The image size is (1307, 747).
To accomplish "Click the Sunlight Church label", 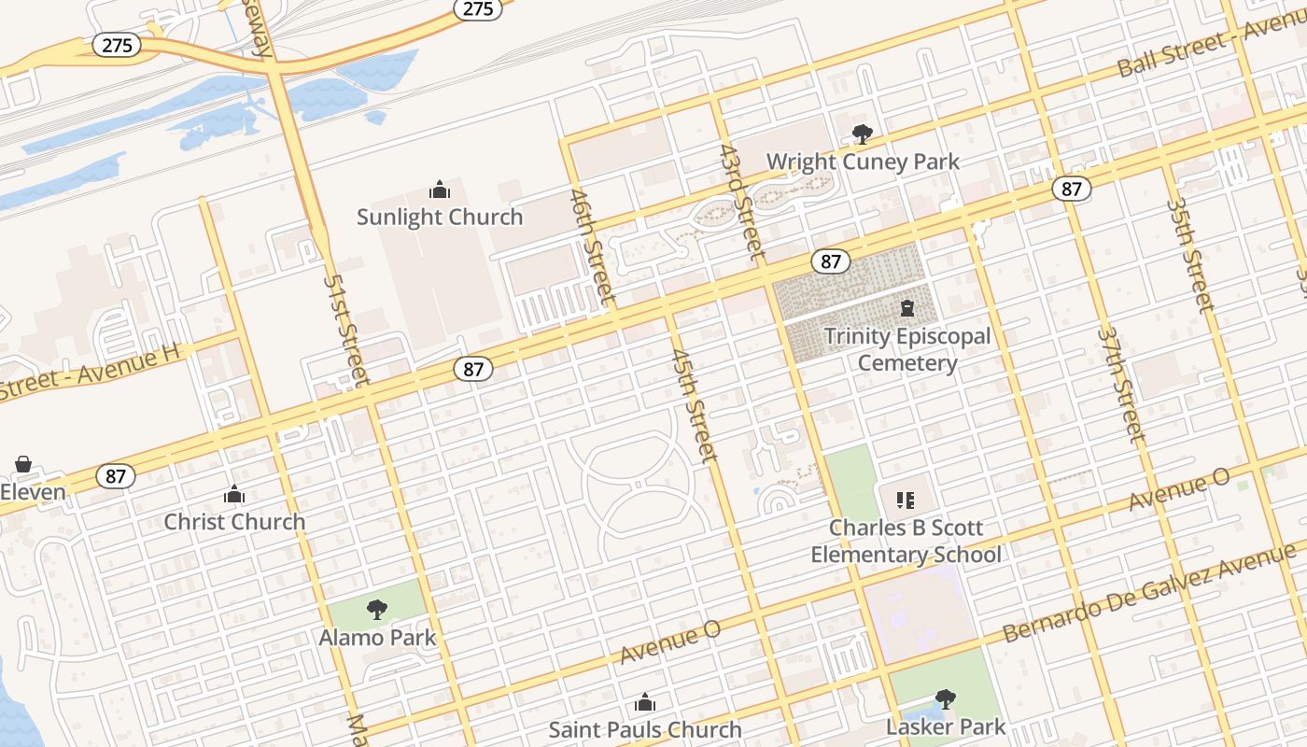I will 440,217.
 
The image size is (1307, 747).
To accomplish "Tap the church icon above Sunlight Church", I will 440,190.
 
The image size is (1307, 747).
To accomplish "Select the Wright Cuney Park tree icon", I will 862,134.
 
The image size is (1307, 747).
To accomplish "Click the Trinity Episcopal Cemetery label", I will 906,349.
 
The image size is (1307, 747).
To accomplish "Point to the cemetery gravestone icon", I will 906,308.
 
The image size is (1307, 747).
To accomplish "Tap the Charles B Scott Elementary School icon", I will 905,500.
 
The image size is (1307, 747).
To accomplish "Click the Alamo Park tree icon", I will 377,611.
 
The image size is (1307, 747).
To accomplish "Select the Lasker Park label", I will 946,726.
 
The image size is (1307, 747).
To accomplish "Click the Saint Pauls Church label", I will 644,729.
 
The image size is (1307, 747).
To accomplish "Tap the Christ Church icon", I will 234,494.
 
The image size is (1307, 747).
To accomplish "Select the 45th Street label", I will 696,405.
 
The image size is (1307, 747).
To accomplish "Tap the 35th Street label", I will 1191,254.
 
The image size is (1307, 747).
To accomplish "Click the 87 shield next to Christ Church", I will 116,476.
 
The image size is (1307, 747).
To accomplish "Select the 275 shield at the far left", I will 117,45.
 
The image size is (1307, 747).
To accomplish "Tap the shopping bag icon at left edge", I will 23,464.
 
